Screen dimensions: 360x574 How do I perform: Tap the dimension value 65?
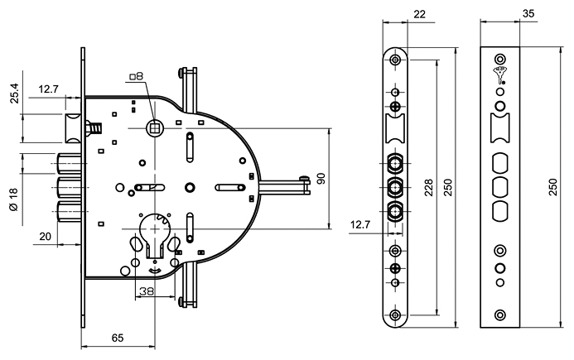pyautogui.click(x=118, y=338)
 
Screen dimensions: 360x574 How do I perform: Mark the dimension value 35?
pyautogui.click(x=528, y=14)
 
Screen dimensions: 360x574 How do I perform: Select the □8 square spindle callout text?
pyautogui.click(x=136, y=76)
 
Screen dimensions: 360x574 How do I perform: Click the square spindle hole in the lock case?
pyautogui.click(x=153, y=127)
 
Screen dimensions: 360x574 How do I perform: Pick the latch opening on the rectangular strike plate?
pyautogui.click(x=499, y=128)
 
